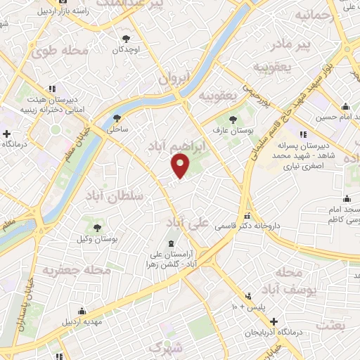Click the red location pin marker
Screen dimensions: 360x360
point(181,165)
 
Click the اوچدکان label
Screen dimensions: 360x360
point(127,51)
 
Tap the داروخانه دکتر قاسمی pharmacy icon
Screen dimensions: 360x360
point(246,216)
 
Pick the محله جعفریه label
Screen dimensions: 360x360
point(77,269)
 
